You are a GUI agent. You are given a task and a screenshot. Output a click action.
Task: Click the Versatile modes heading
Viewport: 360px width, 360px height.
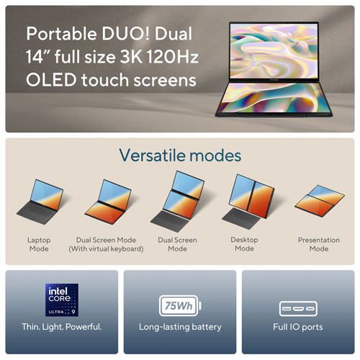point(180,155)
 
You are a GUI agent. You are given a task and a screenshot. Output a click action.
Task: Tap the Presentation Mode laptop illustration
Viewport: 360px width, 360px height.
point(318,202)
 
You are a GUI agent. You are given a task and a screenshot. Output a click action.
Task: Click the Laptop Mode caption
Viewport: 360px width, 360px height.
point(39,244)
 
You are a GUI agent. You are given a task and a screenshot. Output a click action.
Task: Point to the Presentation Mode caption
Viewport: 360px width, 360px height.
point(318,244)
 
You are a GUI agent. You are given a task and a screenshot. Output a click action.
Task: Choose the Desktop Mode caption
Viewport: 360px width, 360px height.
point(244,244)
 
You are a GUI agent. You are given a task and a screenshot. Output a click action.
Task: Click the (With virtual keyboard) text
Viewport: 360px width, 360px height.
point(107,249)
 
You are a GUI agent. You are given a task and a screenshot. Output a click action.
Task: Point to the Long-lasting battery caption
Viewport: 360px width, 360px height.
point(180,327)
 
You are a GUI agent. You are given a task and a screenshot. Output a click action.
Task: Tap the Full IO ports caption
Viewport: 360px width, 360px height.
point(298,327)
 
